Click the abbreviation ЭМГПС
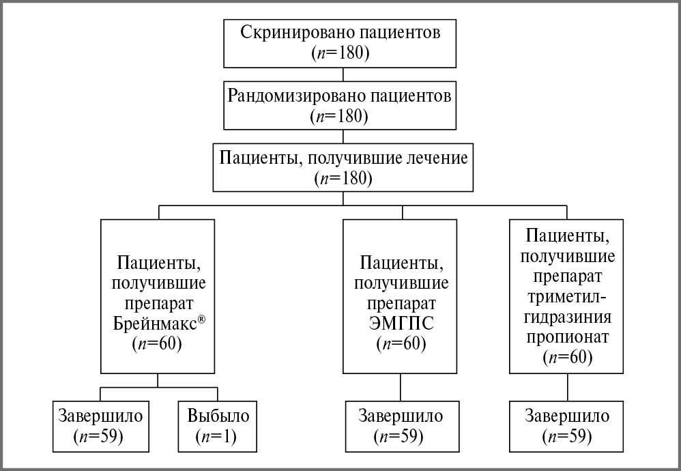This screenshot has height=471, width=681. coord(401,323)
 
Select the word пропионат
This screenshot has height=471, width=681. coord(567,337)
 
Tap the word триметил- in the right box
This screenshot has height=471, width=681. coord(567,299)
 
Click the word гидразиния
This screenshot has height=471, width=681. coord(567,318)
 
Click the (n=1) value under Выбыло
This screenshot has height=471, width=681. coord(214,437)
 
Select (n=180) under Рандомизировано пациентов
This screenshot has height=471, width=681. coord(339,115)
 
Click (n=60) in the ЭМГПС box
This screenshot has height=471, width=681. coord(401,343)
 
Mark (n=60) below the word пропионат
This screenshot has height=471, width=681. coord(567,357)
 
